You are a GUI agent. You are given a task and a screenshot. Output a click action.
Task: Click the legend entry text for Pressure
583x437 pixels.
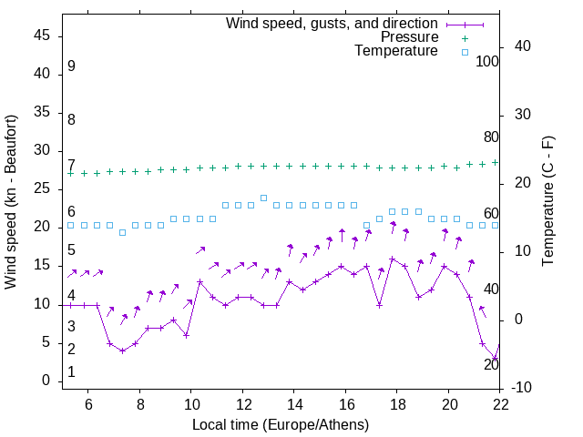(x=409, y=37)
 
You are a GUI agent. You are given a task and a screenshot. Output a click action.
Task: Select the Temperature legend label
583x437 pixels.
(x=396, y=51)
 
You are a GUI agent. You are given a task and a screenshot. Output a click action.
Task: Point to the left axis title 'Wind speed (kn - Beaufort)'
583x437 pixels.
(x=11, y=202)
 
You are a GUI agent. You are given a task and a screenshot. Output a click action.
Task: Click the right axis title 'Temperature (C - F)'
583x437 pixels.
(x=548, y=202)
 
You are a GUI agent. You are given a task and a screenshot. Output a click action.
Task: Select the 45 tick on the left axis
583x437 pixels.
(x=42, y=36)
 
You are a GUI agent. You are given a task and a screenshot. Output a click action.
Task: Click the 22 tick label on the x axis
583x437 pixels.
(x=500, y=404)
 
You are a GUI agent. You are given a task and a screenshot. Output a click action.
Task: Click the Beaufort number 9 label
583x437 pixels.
(x=71, y=66)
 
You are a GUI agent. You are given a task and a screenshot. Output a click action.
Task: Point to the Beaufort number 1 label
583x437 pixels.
(x=71, y=372)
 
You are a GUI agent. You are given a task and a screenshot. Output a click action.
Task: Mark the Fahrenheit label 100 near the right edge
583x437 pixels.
(x=488, y=61)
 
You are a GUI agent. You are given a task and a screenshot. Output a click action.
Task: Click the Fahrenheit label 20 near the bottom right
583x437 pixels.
(x=491, y=364)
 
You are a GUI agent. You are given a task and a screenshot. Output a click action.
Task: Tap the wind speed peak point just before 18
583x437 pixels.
(x=393, y=259)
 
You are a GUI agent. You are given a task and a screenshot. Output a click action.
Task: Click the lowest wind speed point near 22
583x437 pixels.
(x=495, y=358)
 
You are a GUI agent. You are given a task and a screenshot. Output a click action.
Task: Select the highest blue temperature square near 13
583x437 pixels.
(x=263, y=198)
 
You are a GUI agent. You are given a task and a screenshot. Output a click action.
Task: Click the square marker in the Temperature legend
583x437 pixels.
(x=465, y=52)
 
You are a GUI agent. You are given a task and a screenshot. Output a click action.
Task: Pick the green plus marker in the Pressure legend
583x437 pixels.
(x=465, y=38)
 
